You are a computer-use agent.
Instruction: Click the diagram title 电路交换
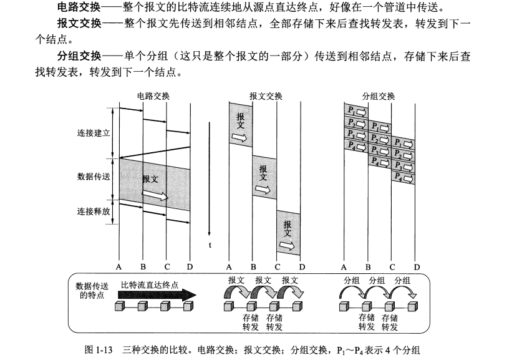click(153, 96)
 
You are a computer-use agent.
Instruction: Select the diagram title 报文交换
click(266, 96)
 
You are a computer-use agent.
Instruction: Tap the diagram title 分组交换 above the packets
click(379, 96)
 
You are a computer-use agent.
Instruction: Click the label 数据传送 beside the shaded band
click(94, 177)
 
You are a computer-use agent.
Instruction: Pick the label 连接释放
click(94, 212)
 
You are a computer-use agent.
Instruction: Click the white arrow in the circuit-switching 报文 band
click(155, 195)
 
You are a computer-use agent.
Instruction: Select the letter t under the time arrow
click(210, 245)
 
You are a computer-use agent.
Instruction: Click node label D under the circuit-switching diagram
click(190, 267)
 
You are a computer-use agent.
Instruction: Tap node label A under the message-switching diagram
click(229, 267)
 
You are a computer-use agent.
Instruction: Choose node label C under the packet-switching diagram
click(392, 267)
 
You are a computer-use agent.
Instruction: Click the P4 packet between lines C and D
click(403, 178)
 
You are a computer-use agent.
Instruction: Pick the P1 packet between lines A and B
click(355, 109)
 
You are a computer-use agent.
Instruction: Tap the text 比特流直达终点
click(150, 285)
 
